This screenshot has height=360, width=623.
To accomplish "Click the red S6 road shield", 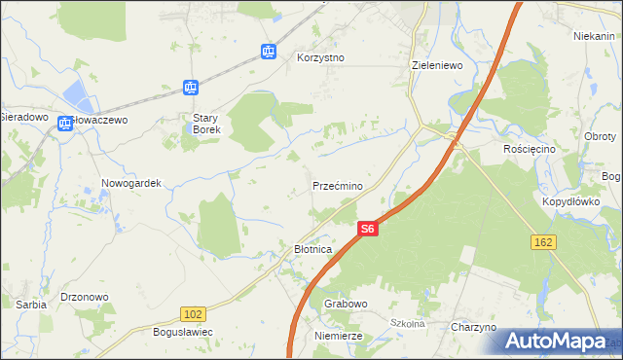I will point(366,229).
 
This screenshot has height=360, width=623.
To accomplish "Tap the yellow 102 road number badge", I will point(193,313).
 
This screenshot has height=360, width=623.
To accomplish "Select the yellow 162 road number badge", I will point(543,240).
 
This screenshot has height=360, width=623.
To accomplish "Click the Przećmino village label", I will point(338,185).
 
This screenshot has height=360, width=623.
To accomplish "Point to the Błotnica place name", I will point(313,249).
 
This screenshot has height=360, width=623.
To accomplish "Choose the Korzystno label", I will point(320,57).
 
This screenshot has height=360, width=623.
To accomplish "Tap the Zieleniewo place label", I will point(436,65).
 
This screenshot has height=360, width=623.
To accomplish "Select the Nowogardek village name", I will point(130,182).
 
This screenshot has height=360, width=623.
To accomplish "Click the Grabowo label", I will point(346,304).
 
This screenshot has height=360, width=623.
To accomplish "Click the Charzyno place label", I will point(474,327).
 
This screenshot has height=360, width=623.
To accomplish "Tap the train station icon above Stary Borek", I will point(191,88).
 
